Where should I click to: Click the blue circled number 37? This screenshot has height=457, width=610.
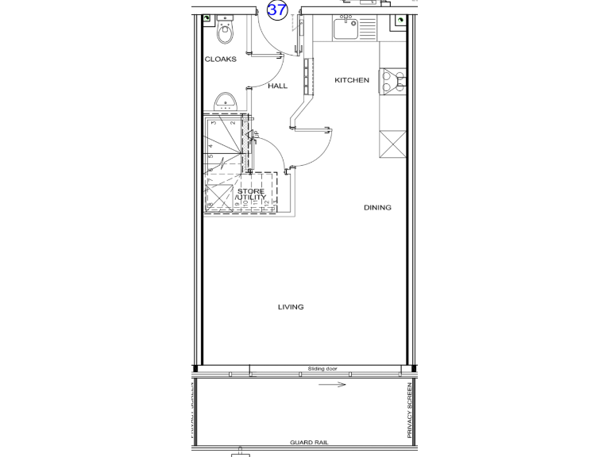pos(277,10)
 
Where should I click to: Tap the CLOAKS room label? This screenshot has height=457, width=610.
pos(220,60)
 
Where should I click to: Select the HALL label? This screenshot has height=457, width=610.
pos(277,86)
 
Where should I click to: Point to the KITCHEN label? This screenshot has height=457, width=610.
pos(351,80)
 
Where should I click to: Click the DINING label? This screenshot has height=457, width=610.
pos(377,208)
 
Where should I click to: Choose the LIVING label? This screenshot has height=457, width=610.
pos(291,307)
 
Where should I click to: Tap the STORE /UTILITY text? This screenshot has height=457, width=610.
pos(252,194)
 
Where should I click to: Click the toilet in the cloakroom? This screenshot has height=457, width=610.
pos(226,33)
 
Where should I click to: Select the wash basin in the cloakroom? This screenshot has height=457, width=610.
pos(226,102)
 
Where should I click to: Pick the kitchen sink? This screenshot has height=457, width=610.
pos(347,29)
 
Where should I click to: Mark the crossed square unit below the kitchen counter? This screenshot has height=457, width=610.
pos(393,144)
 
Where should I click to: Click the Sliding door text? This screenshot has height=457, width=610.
pos(323,369)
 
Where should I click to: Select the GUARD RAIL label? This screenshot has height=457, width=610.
pos(309,443)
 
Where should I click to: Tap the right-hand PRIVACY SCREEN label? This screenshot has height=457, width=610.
pos(410,409)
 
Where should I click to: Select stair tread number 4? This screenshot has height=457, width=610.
pos(210,146)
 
